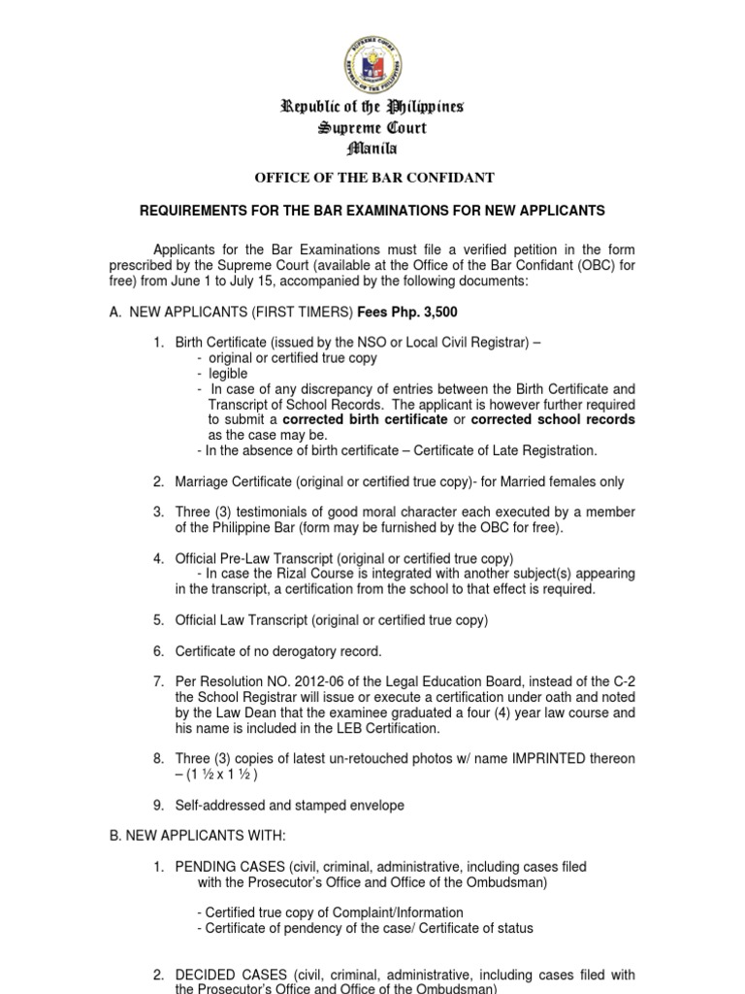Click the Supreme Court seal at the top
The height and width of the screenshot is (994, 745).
tap(372, 57)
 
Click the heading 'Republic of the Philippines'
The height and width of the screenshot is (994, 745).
tap(372, 107)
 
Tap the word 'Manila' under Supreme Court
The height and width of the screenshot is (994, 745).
tap(372, 149)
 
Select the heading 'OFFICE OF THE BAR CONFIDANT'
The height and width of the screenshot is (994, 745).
tap(373, 178)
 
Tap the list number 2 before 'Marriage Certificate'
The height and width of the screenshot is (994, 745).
tap(157, 481)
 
